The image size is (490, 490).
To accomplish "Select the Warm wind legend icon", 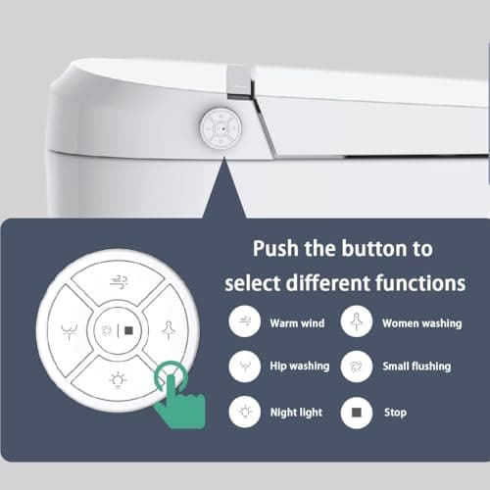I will [243, 320].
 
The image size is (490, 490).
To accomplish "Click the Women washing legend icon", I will [355, 320].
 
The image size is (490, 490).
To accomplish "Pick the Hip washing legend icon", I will [243, 366].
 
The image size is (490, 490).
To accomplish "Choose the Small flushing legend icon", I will [355, 366].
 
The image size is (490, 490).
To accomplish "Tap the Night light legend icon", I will [243, 411].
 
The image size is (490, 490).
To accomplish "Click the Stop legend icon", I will [355, 411].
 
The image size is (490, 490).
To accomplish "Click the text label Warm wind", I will [298, 321].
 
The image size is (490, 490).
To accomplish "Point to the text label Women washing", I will [421, 321].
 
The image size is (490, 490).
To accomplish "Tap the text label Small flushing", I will [416, 367].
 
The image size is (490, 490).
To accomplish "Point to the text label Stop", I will [394, 412].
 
